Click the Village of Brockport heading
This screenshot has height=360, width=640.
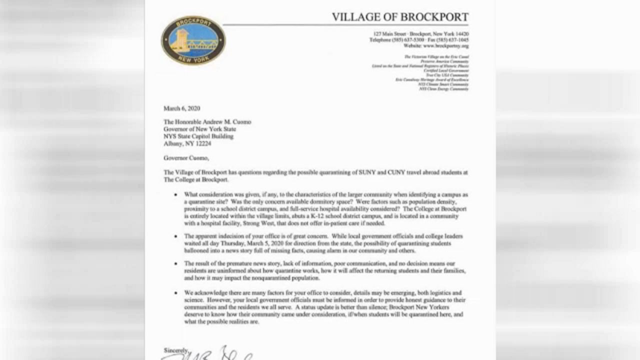pos(400,17)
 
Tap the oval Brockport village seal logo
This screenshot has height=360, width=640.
pos(193,40)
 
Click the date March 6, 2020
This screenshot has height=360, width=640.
pos(181,108)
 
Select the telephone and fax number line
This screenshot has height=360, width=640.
pos(419,40)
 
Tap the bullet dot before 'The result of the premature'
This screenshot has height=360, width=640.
pos(175,263)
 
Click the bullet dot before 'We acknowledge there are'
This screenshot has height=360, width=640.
pos(175,292)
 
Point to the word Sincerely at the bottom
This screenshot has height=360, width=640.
pos(175,350)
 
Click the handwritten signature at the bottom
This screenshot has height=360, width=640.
pos(210,353)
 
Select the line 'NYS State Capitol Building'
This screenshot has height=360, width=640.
pos(198,136)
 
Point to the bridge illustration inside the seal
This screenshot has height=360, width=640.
pos(193,41)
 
